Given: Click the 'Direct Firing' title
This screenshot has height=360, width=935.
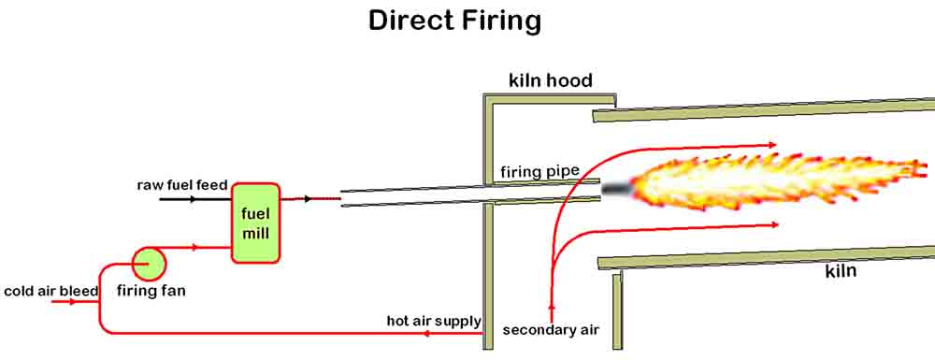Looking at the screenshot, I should tap(454, 21).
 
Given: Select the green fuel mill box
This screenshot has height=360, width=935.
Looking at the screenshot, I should tap(255, 223).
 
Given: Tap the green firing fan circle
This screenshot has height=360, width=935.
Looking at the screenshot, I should tap(148, 263).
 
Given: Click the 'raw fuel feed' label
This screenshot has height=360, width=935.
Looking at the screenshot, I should tap(182, 185).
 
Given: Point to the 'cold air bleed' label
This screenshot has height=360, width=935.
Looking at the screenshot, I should tap(50, 291).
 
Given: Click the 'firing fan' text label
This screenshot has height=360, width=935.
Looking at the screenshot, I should tap(151, 291).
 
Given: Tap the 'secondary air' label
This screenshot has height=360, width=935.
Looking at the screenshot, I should tap(550, 330).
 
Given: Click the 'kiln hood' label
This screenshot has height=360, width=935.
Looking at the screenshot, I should tap(550, 80).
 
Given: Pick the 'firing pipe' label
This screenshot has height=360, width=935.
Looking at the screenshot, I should tap(539, 172).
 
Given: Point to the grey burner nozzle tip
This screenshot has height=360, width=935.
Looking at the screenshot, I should tap(617, 188).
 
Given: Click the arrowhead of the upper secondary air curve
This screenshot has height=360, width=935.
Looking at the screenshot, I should tap(772, 145).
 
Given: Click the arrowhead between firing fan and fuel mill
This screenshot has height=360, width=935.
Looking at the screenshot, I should tap(194, 248).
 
